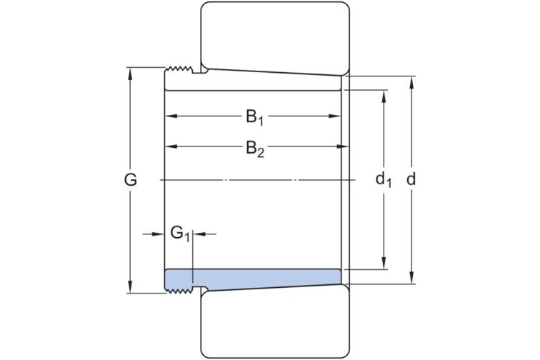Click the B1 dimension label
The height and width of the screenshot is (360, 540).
click(x=255, y=117)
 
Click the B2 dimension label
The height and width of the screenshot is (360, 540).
click(x=255, y=149)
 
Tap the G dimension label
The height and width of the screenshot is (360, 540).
click(x=131, y=180)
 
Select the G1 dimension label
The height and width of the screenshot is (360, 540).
click(x=180, y=234)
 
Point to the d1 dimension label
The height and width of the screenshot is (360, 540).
click(x=384, y=180)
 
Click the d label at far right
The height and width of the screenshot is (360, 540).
click(x=411, y=179)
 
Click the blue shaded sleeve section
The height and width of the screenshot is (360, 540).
click(x=253, y=279)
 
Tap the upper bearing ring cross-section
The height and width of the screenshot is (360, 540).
click(x=275, y=39)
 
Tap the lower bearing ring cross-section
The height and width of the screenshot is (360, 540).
click(x=275, y=322)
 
